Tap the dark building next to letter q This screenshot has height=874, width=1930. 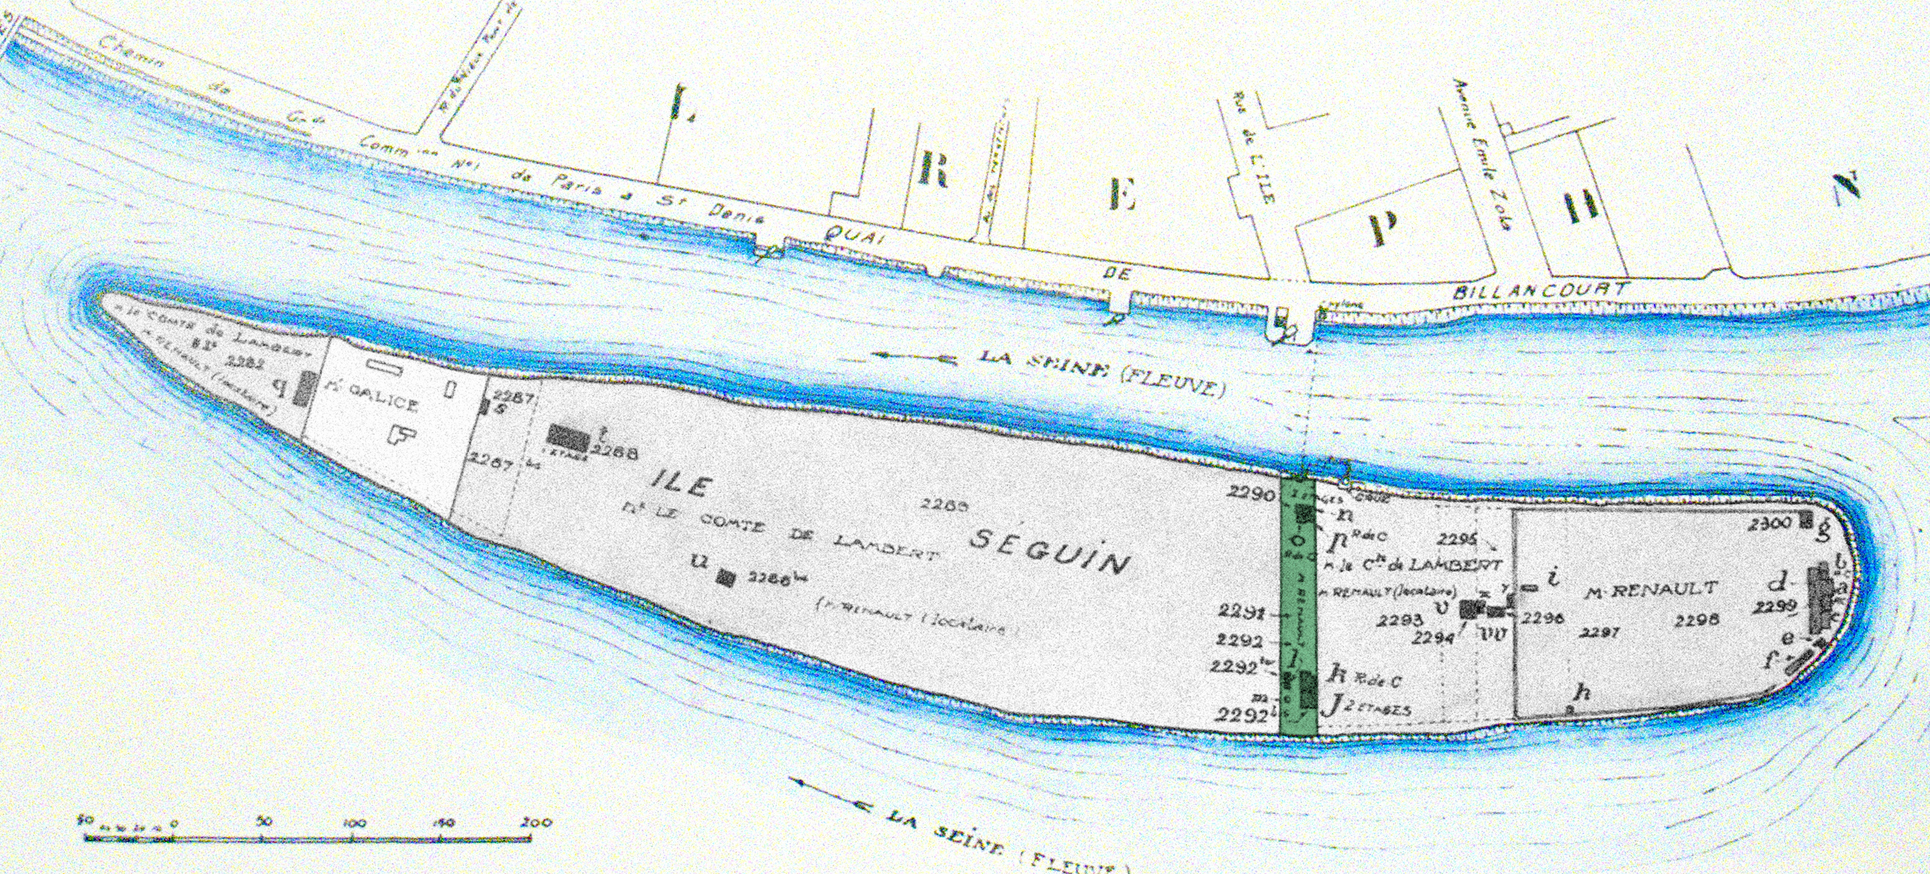point(305,387)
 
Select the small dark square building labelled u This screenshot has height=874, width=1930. point(725,578)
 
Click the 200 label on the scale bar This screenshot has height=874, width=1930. point(537,822)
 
